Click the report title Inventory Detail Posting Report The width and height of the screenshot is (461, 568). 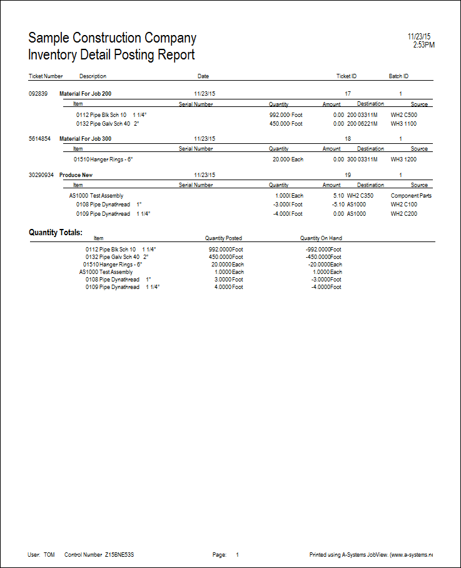click(x=111, y=55)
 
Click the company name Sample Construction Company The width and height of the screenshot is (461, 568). click(x=113, y=38)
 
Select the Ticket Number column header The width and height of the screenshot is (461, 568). click(x=46, y=76)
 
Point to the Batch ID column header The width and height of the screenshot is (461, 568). click(x=398, y=76)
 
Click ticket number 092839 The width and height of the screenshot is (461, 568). click(x=39, y=93)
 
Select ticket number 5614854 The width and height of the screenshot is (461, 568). click(x=41, y=138)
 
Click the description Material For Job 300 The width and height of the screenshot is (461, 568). click(x=85, y=138)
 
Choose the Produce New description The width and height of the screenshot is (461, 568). click(x=76, y=175)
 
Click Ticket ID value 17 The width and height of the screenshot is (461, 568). click(x=348, y=93)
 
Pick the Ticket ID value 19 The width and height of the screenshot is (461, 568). click(x=348, y=175)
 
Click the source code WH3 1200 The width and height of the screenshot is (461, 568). click(x=404, y=160)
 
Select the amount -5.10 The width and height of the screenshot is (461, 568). click(x=337, y=205)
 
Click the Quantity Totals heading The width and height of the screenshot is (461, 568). click(x=56, y=233)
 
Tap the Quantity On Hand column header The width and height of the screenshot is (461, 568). click(x=321, y=238)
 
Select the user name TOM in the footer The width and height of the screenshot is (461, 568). click(x=49, y=555)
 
